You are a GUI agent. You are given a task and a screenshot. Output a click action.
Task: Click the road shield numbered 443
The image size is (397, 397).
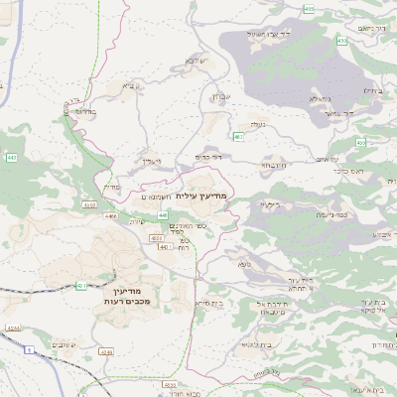tap(11, 157)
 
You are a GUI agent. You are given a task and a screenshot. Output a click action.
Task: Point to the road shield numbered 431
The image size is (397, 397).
tap(80, 286)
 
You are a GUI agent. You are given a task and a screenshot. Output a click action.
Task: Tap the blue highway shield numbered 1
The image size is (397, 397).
tap(29, 349)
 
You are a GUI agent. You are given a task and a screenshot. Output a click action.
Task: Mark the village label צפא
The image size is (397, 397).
tap(244, 263)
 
